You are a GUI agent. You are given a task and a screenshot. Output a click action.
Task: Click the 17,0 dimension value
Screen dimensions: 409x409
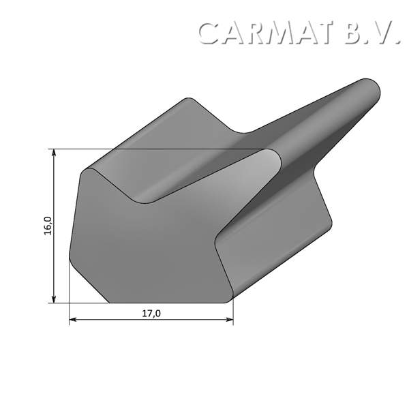pyautogui.click(x=151, y=314)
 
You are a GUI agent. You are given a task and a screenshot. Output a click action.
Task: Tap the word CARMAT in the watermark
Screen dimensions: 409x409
pyautogui.click(x=267, y=33)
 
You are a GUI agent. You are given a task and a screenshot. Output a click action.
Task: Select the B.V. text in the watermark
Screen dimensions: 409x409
pyautogui.click(x=372, y=33)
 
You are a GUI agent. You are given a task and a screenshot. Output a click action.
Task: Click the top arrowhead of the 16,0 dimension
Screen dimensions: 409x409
pyautogui.click(x=53, y=153)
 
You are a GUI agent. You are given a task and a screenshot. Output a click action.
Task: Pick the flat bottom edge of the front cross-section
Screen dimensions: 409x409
pyautogui.click(x=167, y=303)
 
